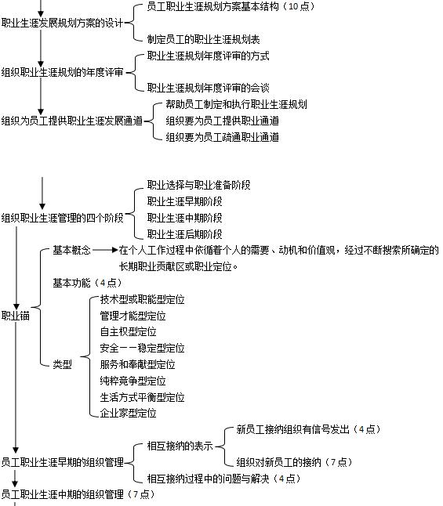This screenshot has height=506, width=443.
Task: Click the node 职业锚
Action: pyautogui.click(x=16, y=316)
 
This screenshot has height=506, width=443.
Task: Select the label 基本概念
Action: pyautogui.click(x=71, y=250)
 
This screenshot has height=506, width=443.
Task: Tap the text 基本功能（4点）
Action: pyautogui.click(x=88, y=283)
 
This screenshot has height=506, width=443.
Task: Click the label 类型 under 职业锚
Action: pyautogui.click(x=63, y=364)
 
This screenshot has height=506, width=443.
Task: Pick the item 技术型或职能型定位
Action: pyautogui.click(x=142, y=299)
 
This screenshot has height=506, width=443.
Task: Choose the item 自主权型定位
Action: pyautogui.click(x=129, y=332)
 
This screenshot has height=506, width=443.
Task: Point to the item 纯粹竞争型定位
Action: pyautogui.click(x=133, y=381)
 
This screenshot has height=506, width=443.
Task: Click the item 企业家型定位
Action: pyautogui.click(x=129, y=413)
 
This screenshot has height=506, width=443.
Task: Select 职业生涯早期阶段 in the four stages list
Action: pyautogui.click(x=185, y=201)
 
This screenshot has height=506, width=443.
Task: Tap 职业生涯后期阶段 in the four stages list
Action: pyautogui.click(x=185, y=234)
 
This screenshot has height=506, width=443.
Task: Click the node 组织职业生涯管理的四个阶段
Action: pyautogui.click(x=63, y=218)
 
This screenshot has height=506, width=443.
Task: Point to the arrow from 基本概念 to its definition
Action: pyautogui.click(x=105, y=250)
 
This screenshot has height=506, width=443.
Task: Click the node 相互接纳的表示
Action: pyautogui.click(x=180, y=446)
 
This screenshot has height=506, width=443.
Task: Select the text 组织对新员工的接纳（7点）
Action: pyautogui.click(x=294, y=462)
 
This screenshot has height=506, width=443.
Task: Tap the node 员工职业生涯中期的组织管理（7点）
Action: pyautogui.click(x=78, y=494)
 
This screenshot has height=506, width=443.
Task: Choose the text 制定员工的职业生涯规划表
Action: pyautogui.click(x=204, y=39)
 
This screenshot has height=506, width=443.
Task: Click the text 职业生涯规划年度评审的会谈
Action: pyautogui.click(x=208, y=88)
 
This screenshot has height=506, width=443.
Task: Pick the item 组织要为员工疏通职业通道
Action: pyautogui.click(x=223, y=137)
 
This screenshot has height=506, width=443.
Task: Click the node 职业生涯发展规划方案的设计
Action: pyautogui.click(x=63, y=23)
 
